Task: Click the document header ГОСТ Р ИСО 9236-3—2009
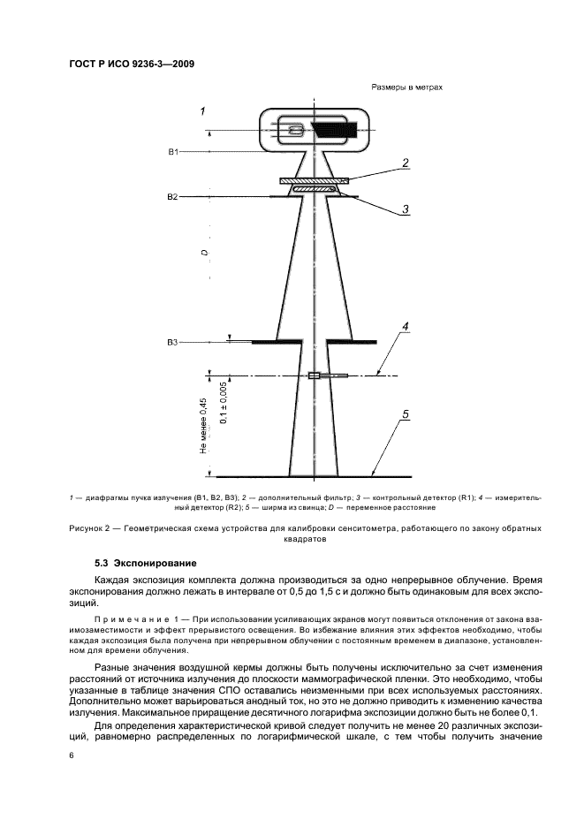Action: click(x=132, y=65)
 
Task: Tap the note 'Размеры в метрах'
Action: click(x=400, y=88)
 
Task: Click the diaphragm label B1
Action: click(x=174, y=152)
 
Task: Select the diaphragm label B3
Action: click(x=174, y=341)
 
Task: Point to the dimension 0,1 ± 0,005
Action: click(x=224, y=403)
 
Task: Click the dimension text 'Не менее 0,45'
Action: click(x=203, y=427)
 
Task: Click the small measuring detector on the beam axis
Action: click(x=314, y=376)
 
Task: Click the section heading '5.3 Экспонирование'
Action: click(x=145, y=563)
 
